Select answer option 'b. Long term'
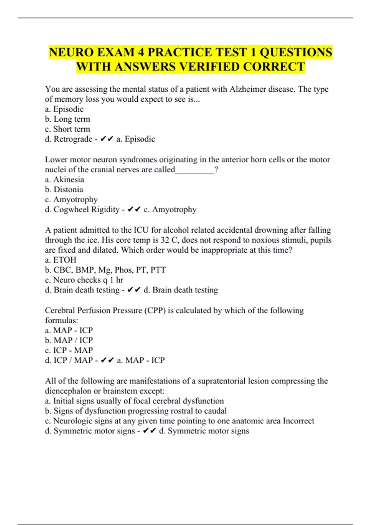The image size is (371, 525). coord(68,119)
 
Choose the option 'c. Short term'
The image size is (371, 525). coord(68,129)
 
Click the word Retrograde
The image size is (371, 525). coord(73,139)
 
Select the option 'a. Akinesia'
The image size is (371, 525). coord(65,179)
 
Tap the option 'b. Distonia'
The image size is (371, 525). coord(64,189)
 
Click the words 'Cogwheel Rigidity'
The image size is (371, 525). coord(87,209)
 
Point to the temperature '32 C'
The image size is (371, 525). coord(168,240)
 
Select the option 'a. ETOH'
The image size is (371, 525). coord(61,260)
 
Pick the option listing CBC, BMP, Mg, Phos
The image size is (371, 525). coord(105,270)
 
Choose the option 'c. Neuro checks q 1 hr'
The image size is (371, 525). coord(84,280)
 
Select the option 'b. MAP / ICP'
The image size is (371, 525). coord(69,340)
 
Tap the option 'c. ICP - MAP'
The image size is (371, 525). coord(69,350)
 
